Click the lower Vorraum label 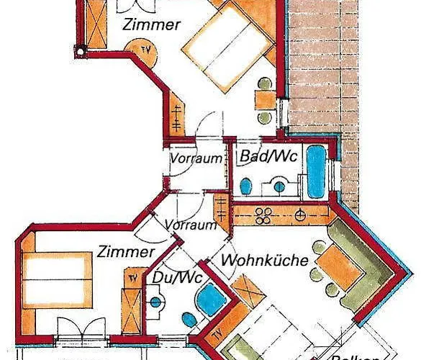tap(191, 225)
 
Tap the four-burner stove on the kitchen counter tap(264, 213)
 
